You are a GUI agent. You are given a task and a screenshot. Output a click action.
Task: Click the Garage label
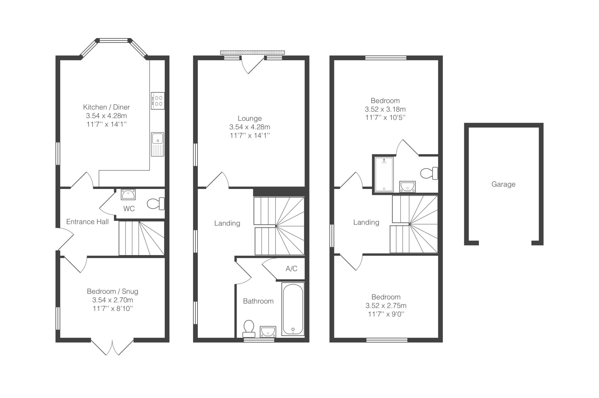click(x=503, y=184)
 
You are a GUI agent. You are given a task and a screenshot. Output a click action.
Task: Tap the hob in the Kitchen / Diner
click(x=158, y=101)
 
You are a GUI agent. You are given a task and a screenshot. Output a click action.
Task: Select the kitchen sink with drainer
click(x=158, y=144)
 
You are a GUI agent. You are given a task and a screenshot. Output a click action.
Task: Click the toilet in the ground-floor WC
click(x=156, y=204)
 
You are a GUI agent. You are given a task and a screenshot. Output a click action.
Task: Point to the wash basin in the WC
click(x=128, y=194)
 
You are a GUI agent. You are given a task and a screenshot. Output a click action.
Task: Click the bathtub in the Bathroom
click(x=293, y=309)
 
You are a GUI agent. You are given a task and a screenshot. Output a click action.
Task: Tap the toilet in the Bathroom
click(x=249, y=329)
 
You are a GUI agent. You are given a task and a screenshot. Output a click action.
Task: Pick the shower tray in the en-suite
click(x=384, y=174)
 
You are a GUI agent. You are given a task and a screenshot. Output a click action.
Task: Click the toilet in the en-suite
click(x=429, y=173)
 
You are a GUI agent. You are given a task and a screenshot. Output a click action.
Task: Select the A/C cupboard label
click(x=291, y=269)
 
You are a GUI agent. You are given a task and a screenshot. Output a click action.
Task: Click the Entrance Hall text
click(x=87, y=222)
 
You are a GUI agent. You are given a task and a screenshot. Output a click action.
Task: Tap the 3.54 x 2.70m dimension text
click(x=113, y=300)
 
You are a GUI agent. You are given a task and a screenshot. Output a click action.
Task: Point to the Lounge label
click(x=250, y=119)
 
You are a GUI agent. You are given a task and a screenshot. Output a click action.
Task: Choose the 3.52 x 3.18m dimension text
click(x=385, y=109)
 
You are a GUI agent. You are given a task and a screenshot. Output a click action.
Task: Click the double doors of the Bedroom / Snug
click(x=112, y=347)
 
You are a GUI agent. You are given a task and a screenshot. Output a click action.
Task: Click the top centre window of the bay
click(x=114, y=40)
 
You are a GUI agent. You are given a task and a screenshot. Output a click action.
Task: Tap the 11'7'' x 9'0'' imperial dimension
click(x=386, y=314)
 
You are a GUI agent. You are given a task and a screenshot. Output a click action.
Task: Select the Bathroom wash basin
click(x=268, y=332)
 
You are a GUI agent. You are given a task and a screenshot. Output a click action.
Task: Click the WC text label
click(x=129, y=209)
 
